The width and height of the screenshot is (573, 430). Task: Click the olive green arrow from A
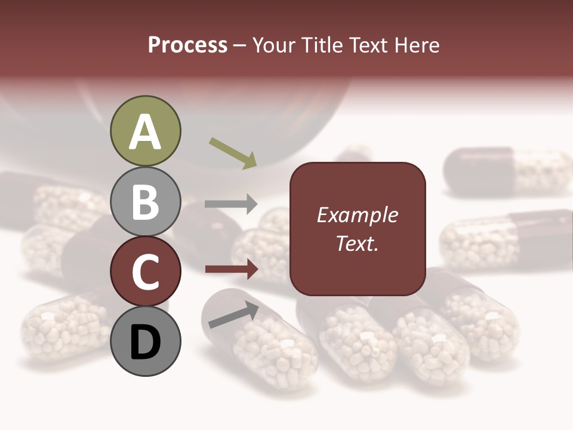tap(233, 153)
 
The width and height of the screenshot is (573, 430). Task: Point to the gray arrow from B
tap(231, 204)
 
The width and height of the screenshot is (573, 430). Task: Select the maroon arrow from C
tap(231, 269)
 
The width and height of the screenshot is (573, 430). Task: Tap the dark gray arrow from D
tap(233, 315)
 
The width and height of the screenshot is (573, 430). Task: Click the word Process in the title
tap(187, 45)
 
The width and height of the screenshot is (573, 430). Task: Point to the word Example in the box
tap(357, 215)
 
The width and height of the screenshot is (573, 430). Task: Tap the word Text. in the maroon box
tap(357, 244)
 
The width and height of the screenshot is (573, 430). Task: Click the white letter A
tap(146, 132)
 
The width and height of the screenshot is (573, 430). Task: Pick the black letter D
tap(146, 343)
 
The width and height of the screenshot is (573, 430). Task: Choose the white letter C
tap(146, 272)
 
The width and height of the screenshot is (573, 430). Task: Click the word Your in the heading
tap(274, 45)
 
